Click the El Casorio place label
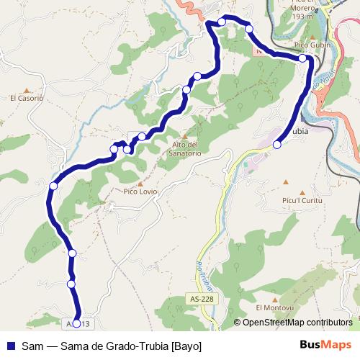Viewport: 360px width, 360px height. (x=27, y=98)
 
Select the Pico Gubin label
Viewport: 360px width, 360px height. (x=312, y=45)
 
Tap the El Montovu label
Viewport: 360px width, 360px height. (x=274, y=307)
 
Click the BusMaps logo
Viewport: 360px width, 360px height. (x=326, y=345)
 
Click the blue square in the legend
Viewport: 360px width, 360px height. (x=11, y=346)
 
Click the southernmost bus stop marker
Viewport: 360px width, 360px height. (x=77, y=323)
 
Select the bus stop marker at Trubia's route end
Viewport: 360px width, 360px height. (x=277, y=145)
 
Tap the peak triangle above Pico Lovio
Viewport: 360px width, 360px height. (x=140, y=183)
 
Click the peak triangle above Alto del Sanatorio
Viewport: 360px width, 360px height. (x=184, y=136)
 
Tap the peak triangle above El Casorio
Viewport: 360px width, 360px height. (x=27, y=89)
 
